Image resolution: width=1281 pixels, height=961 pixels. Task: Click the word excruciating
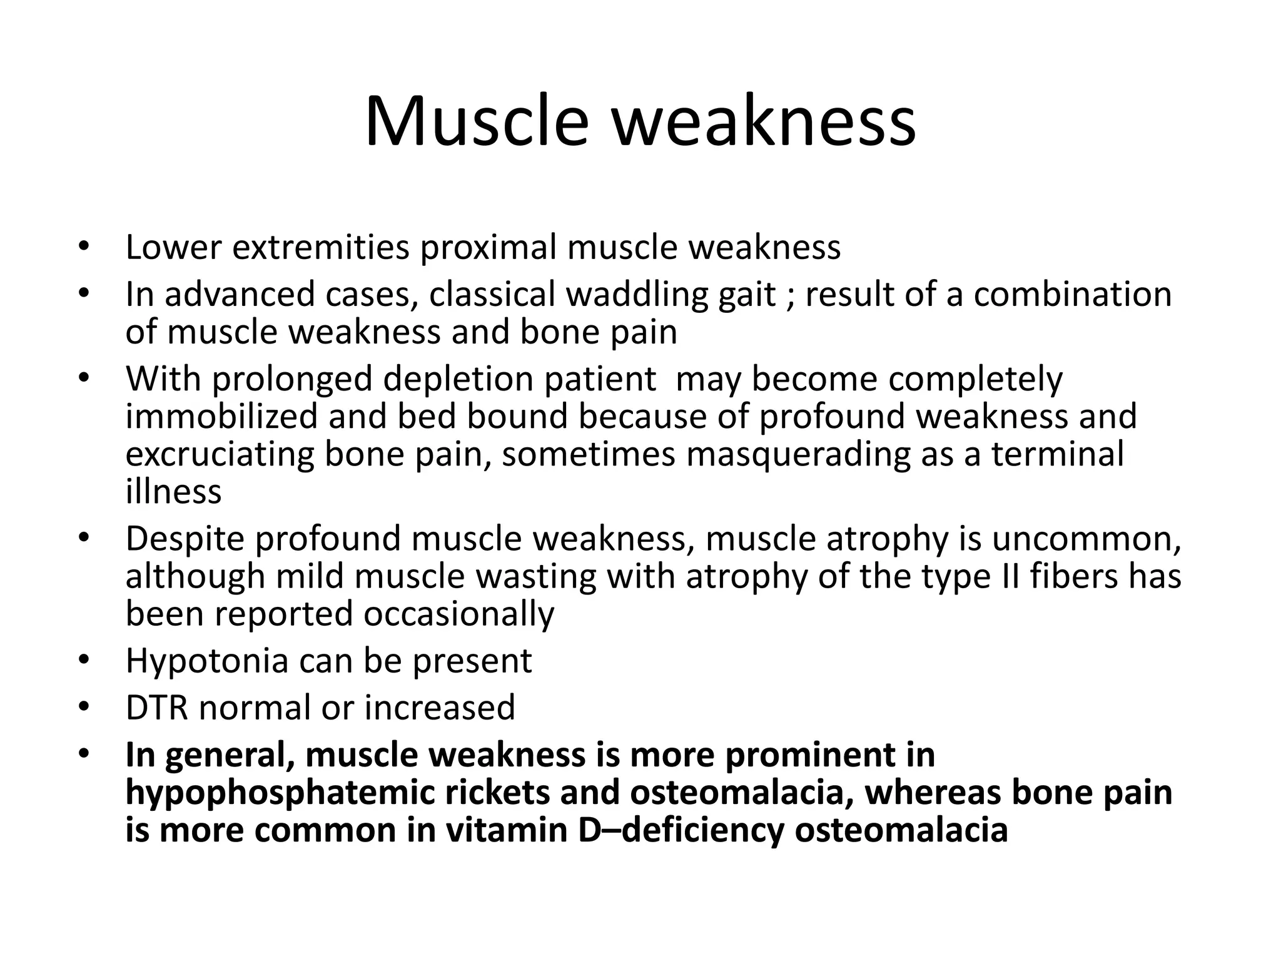(x=220, y=454)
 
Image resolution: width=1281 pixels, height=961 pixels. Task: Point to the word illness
(x=173, y=491)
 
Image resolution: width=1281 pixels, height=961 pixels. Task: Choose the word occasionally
(x=458, y=614)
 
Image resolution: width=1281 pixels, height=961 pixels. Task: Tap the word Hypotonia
(x=207, y=661)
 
